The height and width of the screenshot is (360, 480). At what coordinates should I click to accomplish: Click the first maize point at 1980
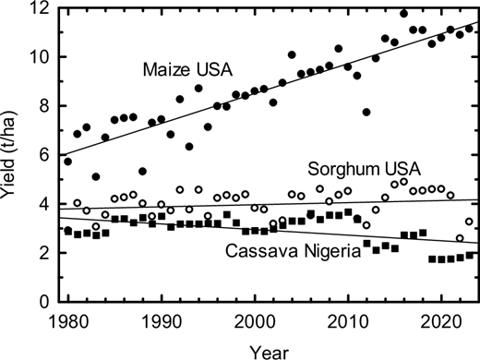(x=67, y=162)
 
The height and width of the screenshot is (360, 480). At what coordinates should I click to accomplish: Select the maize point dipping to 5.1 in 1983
(x=96, y=176)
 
